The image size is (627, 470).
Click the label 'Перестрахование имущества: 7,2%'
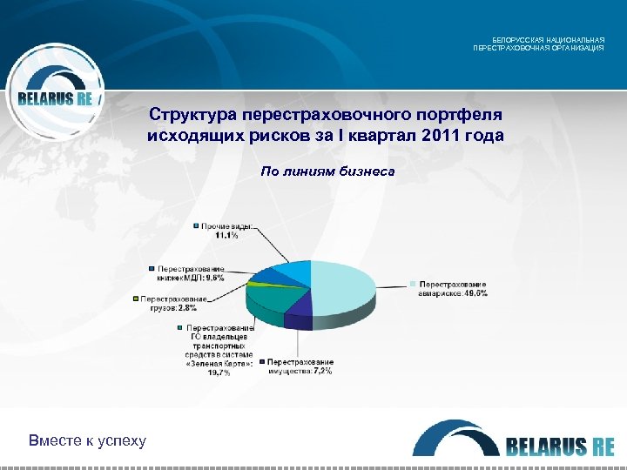pyautogui.click(x=300, y=366)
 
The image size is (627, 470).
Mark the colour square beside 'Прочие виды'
pyautogui.click(x=197, y=226)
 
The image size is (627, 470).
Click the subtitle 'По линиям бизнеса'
pyautogui.click(x=327, y=171)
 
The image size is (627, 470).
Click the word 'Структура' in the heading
pyautogui.click(x=194, y=116)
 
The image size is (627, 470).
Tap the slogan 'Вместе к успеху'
pyautogui.click(x=87, y=440)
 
